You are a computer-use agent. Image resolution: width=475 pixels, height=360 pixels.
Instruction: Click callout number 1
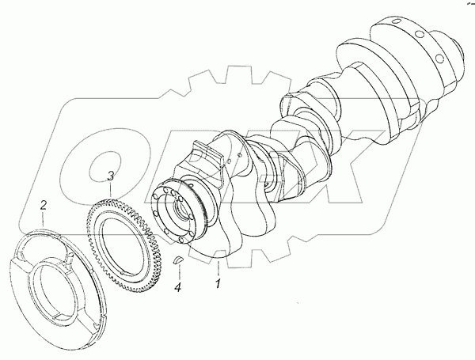(x=218, y=283)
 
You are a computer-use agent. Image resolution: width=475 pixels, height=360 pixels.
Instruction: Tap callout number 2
(x=44, y=206)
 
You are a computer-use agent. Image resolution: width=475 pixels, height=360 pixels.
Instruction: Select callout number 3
(x=111, y=176)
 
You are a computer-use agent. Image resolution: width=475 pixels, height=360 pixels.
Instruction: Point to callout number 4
(x=178, y=286)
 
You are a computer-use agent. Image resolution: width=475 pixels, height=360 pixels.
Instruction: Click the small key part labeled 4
(x=178, y=260)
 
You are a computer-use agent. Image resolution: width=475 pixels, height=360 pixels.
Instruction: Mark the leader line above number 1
(x=218, y=268)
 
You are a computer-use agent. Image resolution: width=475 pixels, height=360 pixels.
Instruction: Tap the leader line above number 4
(x=178, y=272)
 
